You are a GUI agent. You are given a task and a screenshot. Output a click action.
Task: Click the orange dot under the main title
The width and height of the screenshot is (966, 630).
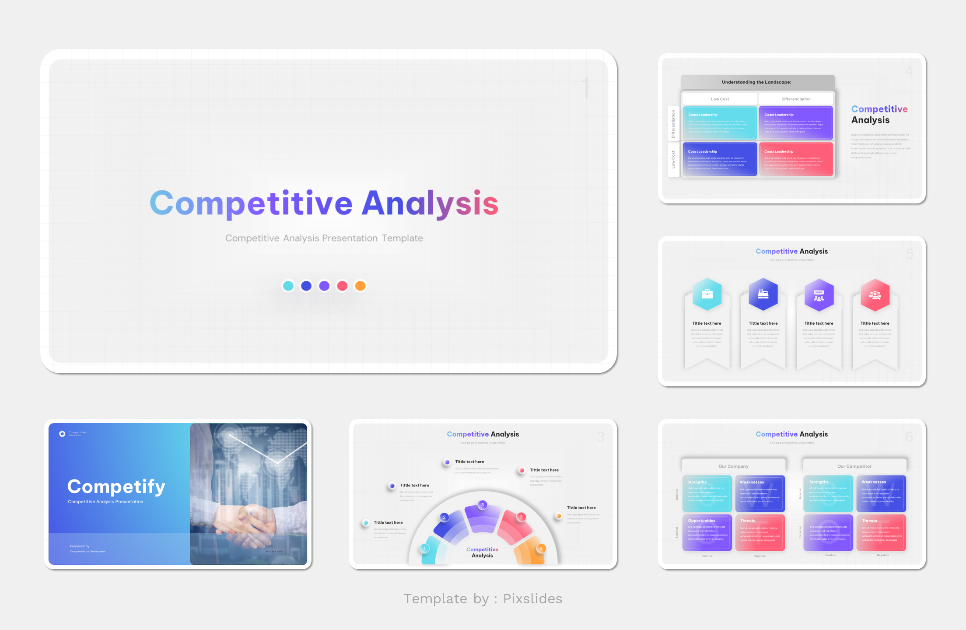click(360, 286)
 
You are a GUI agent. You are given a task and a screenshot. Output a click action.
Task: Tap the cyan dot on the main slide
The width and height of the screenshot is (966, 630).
click(288, 286)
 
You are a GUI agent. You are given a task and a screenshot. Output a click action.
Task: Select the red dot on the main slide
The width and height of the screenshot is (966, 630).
click(342, 286)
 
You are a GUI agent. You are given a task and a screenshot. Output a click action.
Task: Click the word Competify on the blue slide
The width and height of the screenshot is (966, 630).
click(116, 486)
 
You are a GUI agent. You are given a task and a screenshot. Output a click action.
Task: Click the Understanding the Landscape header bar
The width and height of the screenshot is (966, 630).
click(757, 82)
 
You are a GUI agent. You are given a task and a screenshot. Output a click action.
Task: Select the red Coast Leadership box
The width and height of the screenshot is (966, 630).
click(795, 160)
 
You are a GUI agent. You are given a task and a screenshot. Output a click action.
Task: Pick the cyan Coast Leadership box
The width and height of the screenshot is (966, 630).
click(720, 123)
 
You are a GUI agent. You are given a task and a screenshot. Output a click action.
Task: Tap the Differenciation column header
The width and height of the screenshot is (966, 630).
click(796, 99)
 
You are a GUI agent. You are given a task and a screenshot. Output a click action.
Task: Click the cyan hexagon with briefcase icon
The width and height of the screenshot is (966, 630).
click(707, 294)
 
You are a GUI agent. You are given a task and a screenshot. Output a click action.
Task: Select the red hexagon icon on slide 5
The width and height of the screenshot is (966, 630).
click(875, 295)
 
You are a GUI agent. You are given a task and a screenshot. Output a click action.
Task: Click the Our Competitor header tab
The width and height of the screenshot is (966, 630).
click(854, 466)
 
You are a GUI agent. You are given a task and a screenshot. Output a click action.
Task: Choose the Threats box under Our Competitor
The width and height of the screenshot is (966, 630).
click(881, 532)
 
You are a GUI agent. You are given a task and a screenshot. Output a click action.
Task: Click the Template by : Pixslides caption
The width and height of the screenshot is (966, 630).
click(483, 598)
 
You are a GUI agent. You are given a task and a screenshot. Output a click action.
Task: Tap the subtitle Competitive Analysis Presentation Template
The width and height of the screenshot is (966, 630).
click(324, 238)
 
